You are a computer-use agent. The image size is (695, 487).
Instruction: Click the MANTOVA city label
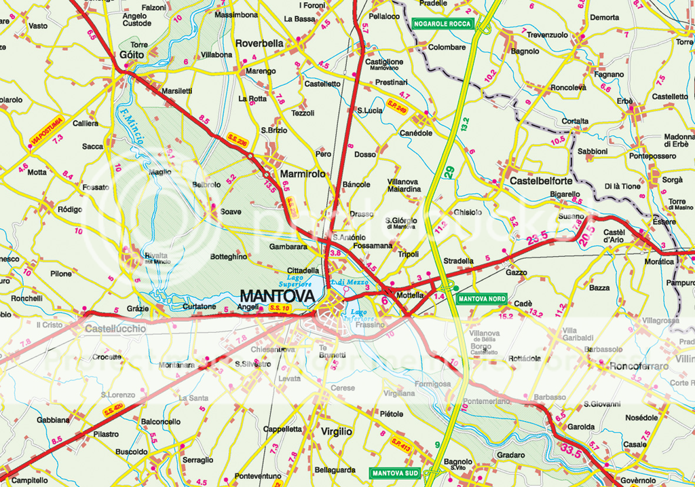pyautogui.click(x=278, y=296)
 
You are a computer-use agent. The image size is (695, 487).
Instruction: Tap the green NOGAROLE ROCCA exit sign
pyautogui.click(x=441, y=24)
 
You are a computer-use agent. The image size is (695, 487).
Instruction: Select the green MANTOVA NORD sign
pyautogui.click(x=481, y=298)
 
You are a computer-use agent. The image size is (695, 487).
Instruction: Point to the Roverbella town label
pyautogui.click(x=259, y=43)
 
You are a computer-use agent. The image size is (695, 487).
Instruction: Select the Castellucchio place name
pyautogui.click(x=115, y=329)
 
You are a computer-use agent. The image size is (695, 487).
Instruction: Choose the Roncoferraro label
pyautogui.click(x=639, y=366)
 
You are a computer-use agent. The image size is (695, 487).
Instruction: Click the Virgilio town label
pyautogui.click(x=336, y=431)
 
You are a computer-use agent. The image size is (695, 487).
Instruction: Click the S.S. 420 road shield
pyautogui.click(x=113, y=410)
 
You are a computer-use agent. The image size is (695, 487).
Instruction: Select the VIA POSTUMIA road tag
pyautogui.click(x=47, y=131)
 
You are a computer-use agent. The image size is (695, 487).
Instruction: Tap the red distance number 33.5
pyautogui.click(x=571, y=448)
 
